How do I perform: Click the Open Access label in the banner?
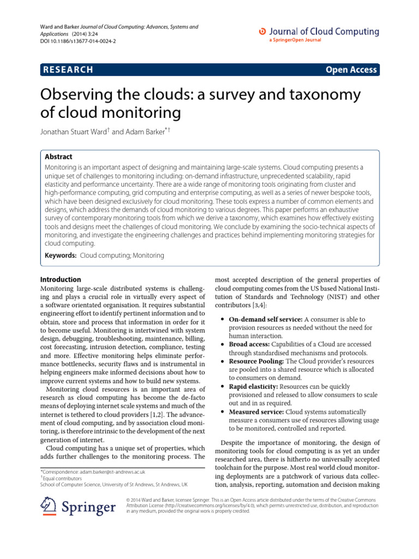click(351, 69)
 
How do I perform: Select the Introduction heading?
click(62, 279)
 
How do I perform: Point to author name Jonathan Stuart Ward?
click(73, 132)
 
